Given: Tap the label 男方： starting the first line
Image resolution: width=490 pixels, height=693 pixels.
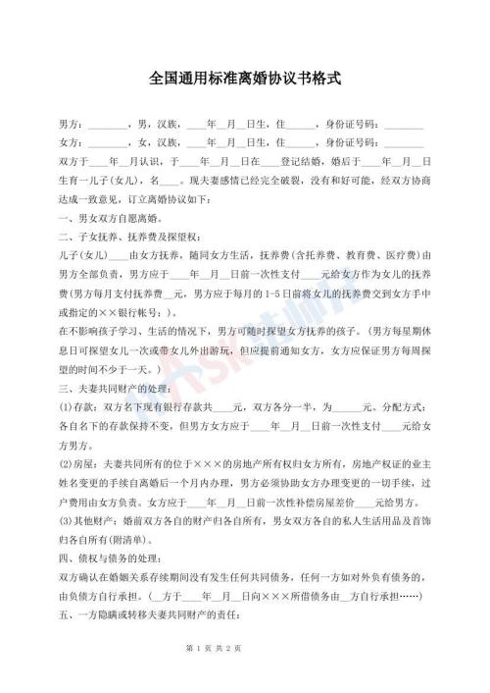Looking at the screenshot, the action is click(x=73, y=127).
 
